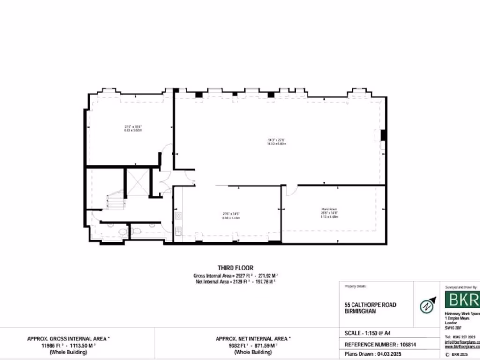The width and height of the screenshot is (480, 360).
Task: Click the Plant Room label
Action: [x=330, y=209]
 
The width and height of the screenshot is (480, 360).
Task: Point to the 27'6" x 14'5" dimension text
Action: [x=231, y=214]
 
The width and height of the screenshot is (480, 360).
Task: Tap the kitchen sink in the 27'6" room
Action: [x=178, y=231]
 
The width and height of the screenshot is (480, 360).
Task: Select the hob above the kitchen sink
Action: [x=178, y=217]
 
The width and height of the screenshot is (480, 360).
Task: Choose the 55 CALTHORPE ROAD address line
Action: [x=370, y=305]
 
